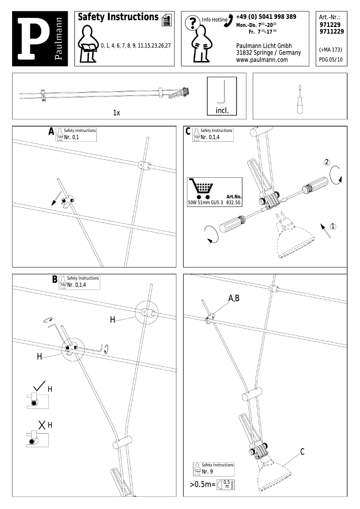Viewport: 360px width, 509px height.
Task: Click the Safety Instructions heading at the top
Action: [118, 18]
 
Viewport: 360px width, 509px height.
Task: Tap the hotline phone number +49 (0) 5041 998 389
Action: [266, 17]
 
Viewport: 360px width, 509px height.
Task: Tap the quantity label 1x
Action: [116, 113]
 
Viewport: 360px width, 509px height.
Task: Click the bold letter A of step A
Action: [51, 132]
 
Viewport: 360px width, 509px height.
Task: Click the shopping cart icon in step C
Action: [201, 189]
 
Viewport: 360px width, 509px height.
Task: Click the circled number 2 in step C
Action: [327, 162]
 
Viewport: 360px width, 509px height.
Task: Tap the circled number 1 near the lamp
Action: [333, 226]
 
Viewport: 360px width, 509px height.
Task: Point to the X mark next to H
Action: [42, 425]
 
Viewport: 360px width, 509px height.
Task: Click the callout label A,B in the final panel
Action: [234, 298]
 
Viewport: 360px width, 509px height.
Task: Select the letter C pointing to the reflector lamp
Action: [302, 452]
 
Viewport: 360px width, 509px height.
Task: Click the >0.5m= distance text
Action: [202, 485]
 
